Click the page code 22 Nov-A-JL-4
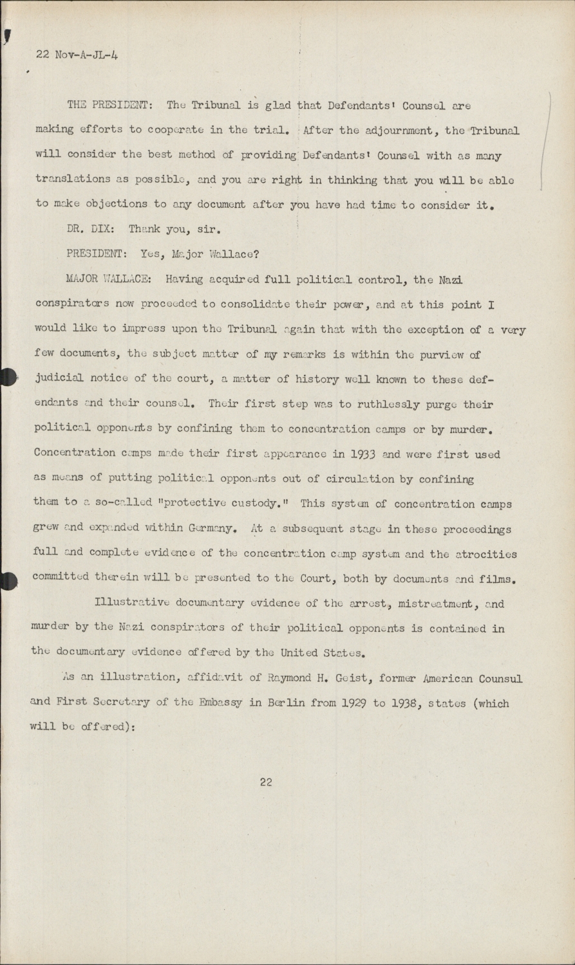coord(77,55)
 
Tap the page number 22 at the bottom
coord(266,782)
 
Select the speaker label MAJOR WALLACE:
coord(109,279)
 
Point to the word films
coord(498,579)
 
